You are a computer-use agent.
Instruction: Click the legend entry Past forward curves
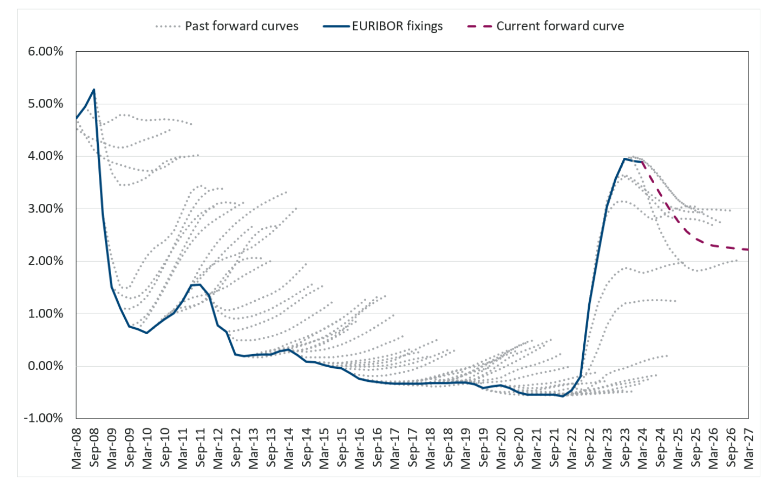tap(241, 26)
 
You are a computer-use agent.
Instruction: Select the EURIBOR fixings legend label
tap(397, 26)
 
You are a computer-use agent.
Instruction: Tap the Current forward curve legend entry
tap(560, 26)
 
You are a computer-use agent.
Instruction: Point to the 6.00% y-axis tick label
tap(46, 51)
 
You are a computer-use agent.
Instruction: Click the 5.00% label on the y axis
tap(46, 103)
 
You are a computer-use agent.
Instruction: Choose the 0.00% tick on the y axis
tap(46, 366)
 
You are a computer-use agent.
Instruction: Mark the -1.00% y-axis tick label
tap(44, 418)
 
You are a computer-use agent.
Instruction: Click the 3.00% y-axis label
tap(46, 208)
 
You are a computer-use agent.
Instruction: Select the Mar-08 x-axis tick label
tap(77, 448)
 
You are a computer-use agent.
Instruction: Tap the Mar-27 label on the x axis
tap(749, 448)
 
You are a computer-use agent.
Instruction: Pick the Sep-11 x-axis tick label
tap(200, 448)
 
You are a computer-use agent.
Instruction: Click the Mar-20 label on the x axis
tap(501, 448)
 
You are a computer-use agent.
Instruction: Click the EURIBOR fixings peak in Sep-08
tap(94, 90)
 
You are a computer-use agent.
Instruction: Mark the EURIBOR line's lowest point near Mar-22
tap(562, 396)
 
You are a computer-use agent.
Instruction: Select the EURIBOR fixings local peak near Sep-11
tap(199, 285)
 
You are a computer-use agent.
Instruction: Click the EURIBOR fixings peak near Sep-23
tap(624, 159)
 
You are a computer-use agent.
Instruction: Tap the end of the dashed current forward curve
tap(748, 249)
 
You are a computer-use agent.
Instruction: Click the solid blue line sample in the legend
tap(336, 26)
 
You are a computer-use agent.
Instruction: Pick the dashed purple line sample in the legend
tap(479, 26)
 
